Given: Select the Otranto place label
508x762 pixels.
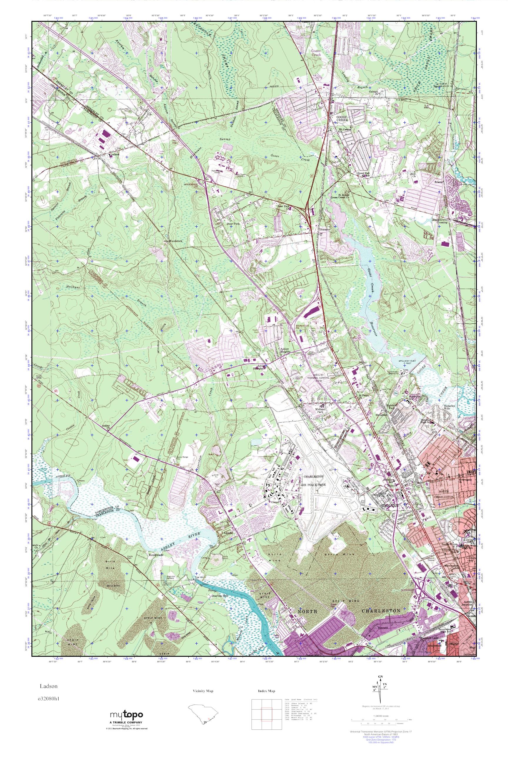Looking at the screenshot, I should pos(325,229).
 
